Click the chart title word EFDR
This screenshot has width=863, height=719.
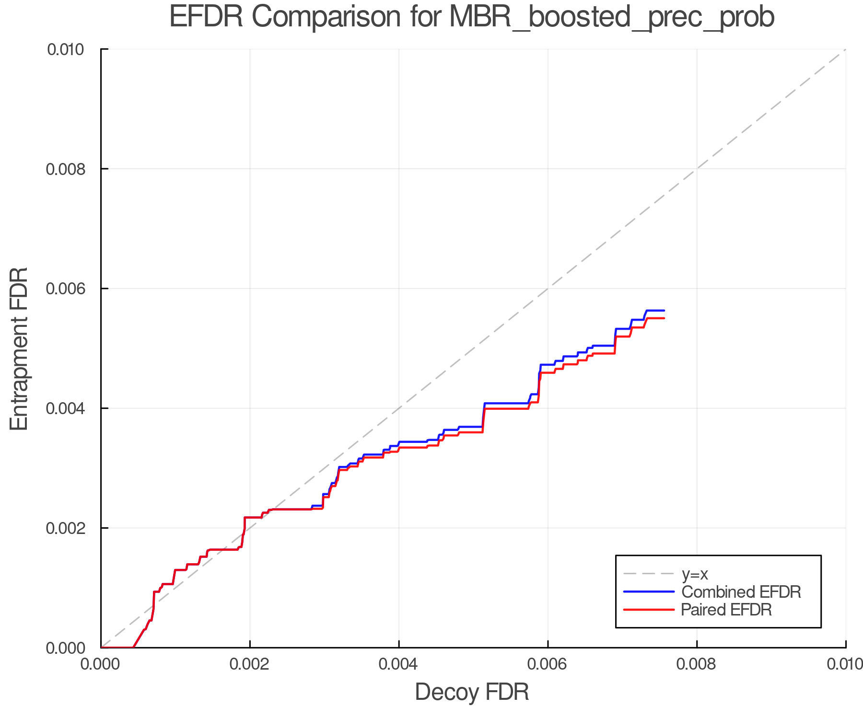click(206, 17)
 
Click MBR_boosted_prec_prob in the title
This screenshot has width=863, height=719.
click(611, 17)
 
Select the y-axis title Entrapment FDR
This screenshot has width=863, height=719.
click(19, 348)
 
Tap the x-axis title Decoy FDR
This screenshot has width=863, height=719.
click(472, 692)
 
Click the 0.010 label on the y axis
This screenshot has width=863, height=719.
click(66, 49)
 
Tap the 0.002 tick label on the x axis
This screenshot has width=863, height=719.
click(250, 664)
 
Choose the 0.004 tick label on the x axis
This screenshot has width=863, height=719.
click(399, 664)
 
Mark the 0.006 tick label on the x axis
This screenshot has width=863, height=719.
click(548, 664)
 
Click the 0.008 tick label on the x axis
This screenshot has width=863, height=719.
click(697, 664)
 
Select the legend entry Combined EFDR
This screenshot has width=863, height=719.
click(741, 592)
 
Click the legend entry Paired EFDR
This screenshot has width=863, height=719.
click(726, 610)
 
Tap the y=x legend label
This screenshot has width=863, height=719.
click(695, 574)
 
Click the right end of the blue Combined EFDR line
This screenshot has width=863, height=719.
click(664, 311)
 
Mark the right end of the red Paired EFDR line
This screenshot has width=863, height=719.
click(664, 318)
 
